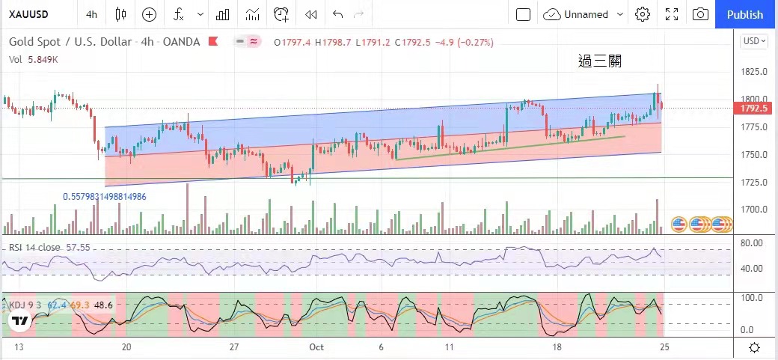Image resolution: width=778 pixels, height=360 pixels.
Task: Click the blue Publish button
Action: coord(745,14)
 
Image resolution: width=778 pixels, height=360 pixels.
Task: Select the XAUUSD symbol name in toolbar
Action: coord(29,14)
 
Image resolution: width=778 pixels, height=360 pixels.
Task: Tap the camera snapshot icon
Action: coord(700,14)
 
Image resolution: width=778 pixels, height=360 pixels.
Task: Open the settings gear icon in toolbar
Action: coord(642,14)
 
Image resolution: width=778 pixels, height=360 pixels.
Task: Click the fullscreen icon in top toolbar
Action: coord(671,14)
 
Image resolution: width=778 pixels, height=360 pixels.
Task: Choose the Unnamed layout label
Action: coord(586,14)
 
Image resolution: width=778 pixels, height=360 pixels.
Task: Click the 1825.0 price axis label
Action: coord(755,72)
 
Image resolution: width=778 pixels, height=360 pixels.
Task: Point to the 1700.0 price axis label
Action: coord(755,210)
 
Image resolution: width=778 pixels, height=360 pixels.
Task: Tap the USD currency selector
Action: coord(754,41)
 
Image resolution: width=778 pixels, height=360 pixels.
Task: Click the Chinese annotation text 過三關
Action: coord(600,61)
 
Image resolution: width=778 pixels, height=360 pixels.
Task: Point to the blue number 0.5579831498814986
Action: coord(105,197)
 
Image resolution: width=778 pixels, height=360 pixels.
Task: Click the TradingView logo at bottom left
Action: coord(20,321)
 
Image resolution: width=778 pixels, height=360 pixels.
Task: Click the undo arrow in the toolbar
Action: coord(338,14)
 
